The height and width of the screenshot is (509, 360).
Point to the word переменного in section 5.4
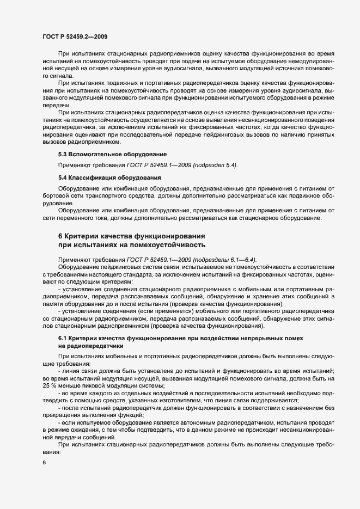79,218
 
